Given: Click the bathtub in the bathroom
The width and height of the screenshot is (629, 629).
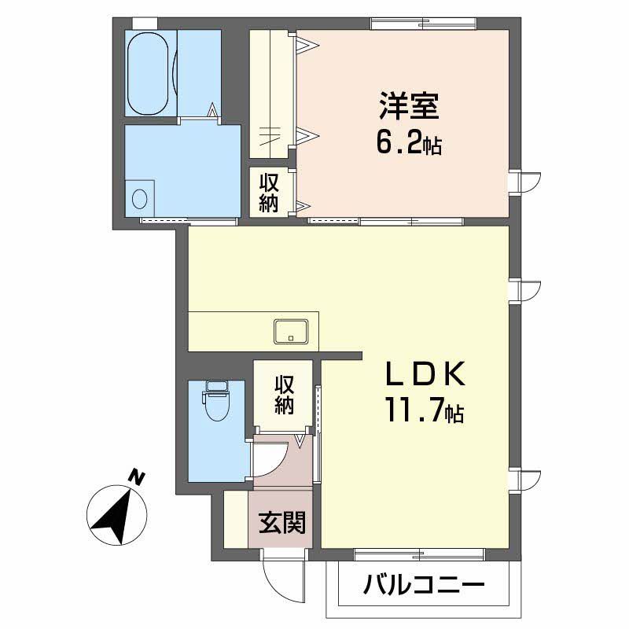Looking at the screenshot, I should coord(148,73).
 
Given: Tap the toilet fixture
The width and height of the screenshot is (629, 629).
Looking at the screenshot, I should coord(215,399).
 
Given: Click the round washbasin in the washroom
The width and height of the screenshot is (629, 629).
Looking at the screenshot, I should coord(140,197).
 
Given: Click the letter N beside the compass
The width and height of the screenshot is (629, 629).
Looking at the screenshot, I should coord(137,477).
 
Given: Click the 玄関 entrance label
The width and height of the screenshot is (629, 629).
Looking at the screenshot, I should coord(282,522).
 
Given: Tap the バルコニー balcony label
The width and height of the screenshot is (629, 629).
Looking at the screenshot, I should coord(424,586).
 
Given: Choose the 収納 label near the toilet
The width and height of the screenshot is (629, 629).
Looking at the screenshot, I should coord(284,395).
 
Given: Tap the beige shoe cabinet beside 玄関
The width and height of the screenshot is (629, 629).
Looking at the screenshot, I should coord(235,520).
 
